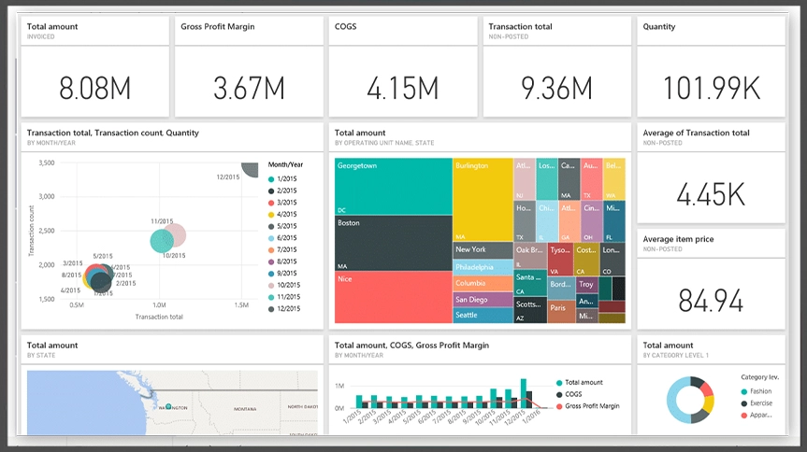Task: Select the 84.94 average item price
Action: (x=710, y=300)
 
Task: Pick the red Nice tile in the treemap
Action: (x=393, y=297)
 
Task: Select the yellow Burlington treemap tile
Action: (x=483, y=199)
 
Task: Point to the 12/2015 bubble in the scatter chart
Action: (x=251, y=168)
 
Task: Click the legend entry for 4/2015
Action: (x=283, y=214)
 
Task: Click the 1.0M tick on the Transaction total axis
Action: (x=159, y=305)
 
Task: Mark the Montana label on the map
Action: (x=246, y=408)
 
